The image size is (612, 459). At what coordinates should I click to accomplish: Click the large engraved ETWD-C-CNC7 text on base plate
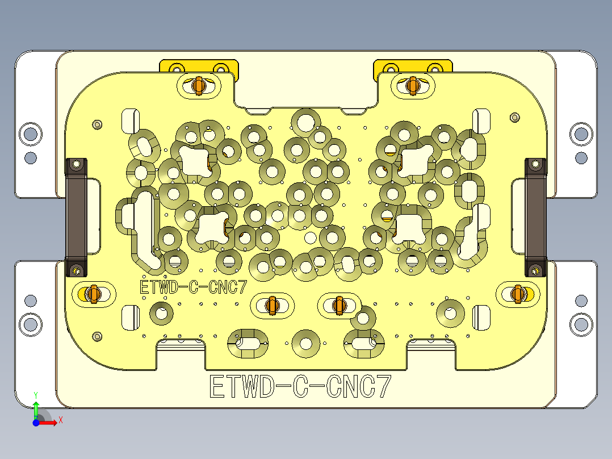pyautogui.click(x=300, y=387)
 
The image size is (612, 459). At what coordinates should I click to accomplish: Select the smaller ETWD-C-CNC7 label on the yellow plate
pyautogui.click(x=194, y=287)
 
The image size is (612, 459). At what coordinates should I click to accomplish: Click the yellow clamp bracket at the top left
pyautogui.click(x=199, y=66)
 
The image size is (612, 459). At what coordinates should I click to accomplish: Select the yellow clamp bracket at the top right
pyautogui.click(x=413, y=66)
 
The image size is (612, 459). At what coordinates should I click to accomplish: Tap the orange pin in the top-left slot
pyautogui.click(x=199, y=85)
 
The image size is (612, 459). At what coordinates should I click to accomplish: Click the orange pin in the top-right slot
pyautogui.click(x=413, y=85)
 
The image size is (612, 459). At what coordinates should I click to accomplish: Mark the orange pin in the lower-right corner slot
pyautogui.click(x=517, y=293)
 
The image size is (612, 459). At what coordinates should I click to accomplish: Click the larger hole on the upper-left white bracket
pyautogui.click(x=31, y=134)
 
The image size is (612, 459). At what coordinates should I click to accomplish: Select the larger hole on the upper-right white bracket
pyautogui.click(x=581, y=134)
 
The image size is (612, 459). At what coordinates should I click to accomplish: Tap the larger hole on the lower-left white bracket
pyautogui.click(x=31, y=324)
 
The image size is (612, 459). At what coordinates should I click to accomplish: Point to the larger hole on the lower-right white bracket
pyautogui.click(x=581, y=324)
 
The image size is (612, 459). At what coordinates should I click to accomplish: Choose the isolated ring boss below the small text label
pyautogui.click(x=161, y=312)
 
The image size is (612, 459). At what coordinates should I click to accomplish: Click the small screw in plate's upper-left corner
pyautogui.click(x=97, y=124)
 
